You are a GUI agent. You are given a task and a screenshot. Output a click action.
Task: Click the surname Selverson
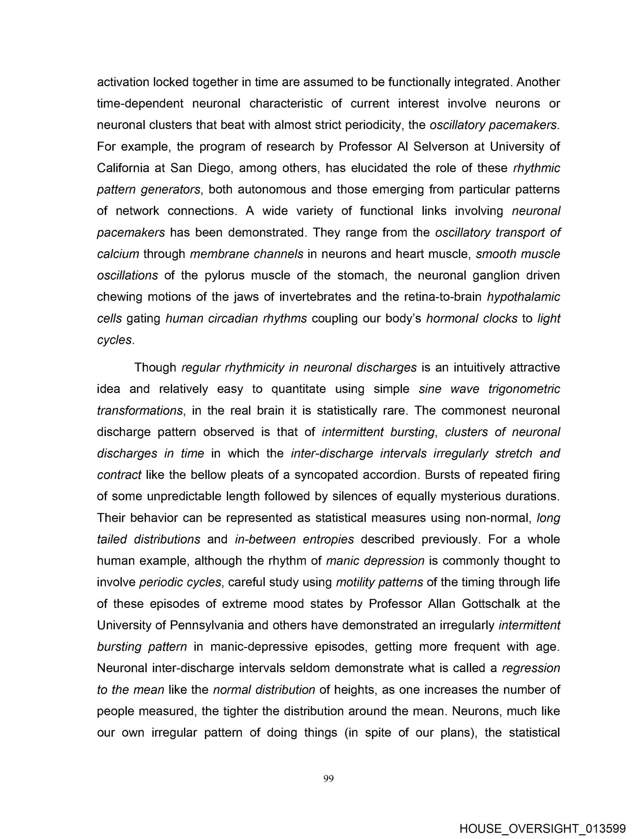tap(438, 146)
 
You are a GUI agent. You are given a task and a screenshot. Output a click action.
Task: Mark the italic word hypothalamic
tap(523, 297)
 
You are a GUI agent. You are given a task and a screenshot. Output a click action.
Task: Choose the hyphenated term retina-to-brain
tap(434, 297)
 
